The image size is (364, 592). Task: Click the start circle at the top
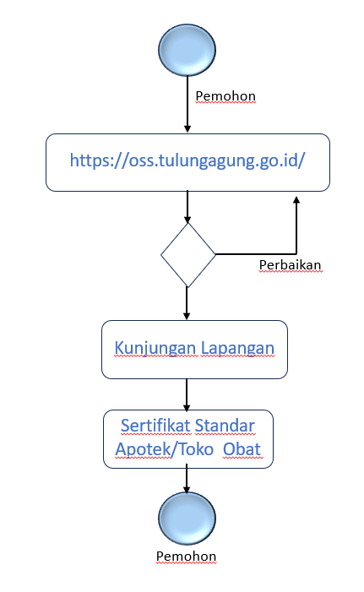187,50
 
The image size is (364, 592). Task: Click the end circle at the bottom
187,519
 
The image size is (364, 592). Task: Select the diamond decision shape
188,255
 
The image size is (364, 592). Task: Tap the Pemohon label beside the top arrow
225,96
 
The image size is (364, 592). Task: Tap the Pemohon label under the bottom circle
186,557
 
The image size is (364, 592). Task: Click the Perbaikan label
290,265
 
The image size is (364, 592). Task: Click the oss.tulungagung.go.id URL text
187,160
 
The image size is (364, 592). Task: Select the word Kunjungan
155,348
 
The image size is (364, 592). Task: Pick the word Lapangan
237,348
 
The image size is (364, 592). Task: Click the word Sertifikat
155,426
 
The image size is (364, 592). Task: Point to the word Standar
225,426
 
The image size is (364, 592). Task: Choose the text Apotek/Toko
164,449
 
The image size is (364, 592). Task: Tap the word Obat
242,449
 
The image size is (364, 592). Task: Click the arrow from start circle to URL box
187,104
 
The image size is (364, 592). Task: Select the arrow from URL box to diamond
187,207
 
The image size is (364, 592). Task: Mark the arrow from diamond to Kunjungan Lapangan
187,303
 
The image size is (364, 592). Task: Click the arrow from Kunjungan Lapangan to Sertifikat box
187,394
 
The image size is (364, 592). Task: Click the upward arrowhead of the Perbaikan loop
296,200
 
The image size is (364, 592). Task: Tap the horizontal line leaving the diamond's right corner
256,254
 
